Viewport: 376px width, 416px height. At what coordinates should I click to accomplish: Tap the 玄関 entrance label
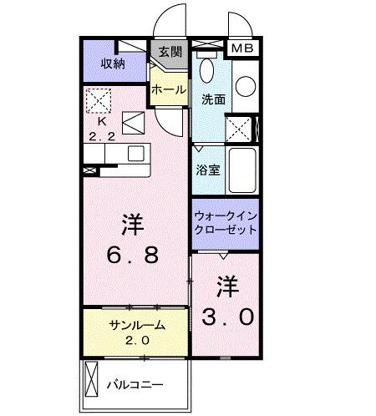[169, 51]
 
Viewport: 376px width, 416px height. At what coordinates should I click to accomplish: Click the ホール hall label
[169, 89]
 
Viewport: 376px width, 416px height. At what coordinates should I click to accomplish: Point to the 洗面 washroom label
[212, 99]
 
